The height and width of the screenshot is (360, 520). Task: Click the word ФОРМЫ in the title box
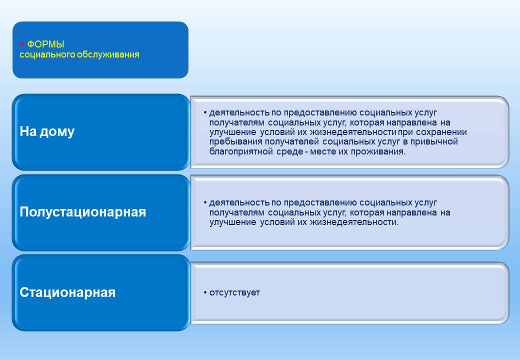coord(46,44)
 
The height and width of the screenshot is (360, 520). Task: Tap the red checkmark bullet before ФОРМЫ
coord(22,44)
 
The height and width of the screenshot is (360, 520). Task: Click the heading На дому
coord(47,131)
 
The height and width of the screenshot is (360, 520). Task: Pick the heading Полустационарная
coord(83,212)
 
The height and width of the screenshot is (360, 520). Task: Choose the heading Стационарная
coord(67,292)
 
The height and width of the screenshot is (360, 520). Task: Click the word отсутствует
coord(235,292)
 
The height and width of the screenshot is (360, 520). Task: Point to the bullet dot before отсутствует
coord(205,292)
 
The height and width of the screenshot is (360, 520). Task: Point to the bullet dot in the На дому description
coord(205,112)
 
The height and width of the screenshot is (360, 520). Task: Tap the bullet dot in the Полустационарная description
coord(205,202)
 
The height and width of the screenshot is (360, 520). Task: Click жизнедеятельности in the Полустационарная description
coord(354,222)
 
